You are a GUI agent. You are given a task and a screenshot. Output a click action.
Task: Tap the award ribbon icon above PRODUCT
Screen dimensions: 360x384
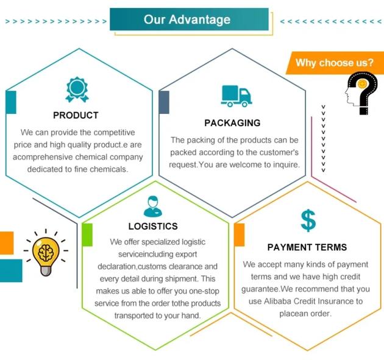pos(77,89)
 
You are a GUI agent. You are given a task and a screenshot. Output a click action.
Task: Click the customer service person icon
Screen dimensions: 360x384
pos(153,206)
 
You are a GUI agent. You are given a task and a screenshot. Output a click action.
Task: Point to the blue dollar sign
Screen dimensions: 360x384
pos(308,220)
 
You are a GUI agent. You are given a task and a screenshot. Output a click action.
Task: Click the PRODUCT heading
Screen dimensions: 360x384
pos(76,115)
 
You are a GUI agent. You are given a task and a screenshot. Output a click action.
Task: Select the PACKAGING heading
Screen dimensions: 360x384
pos(232,123)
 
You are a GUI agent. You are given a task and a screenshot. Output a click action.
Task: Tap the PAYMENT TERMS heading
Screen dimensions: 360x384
pos(307,247)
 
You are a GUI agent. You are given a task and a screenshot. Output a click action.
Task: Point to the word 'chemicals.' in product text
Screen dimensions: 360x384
pos(108,169)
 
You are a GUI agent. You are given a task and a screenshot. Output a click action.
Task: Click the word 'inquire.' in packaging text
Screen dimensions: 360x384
pos(284,164)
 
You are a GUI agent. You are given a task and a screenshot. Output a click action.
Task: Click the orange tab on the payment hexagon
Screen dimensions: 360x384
pos(239,235)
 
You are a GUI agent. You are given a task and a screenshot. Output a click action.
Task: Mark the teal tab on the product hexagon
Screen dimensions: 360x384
pos(10,102)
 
